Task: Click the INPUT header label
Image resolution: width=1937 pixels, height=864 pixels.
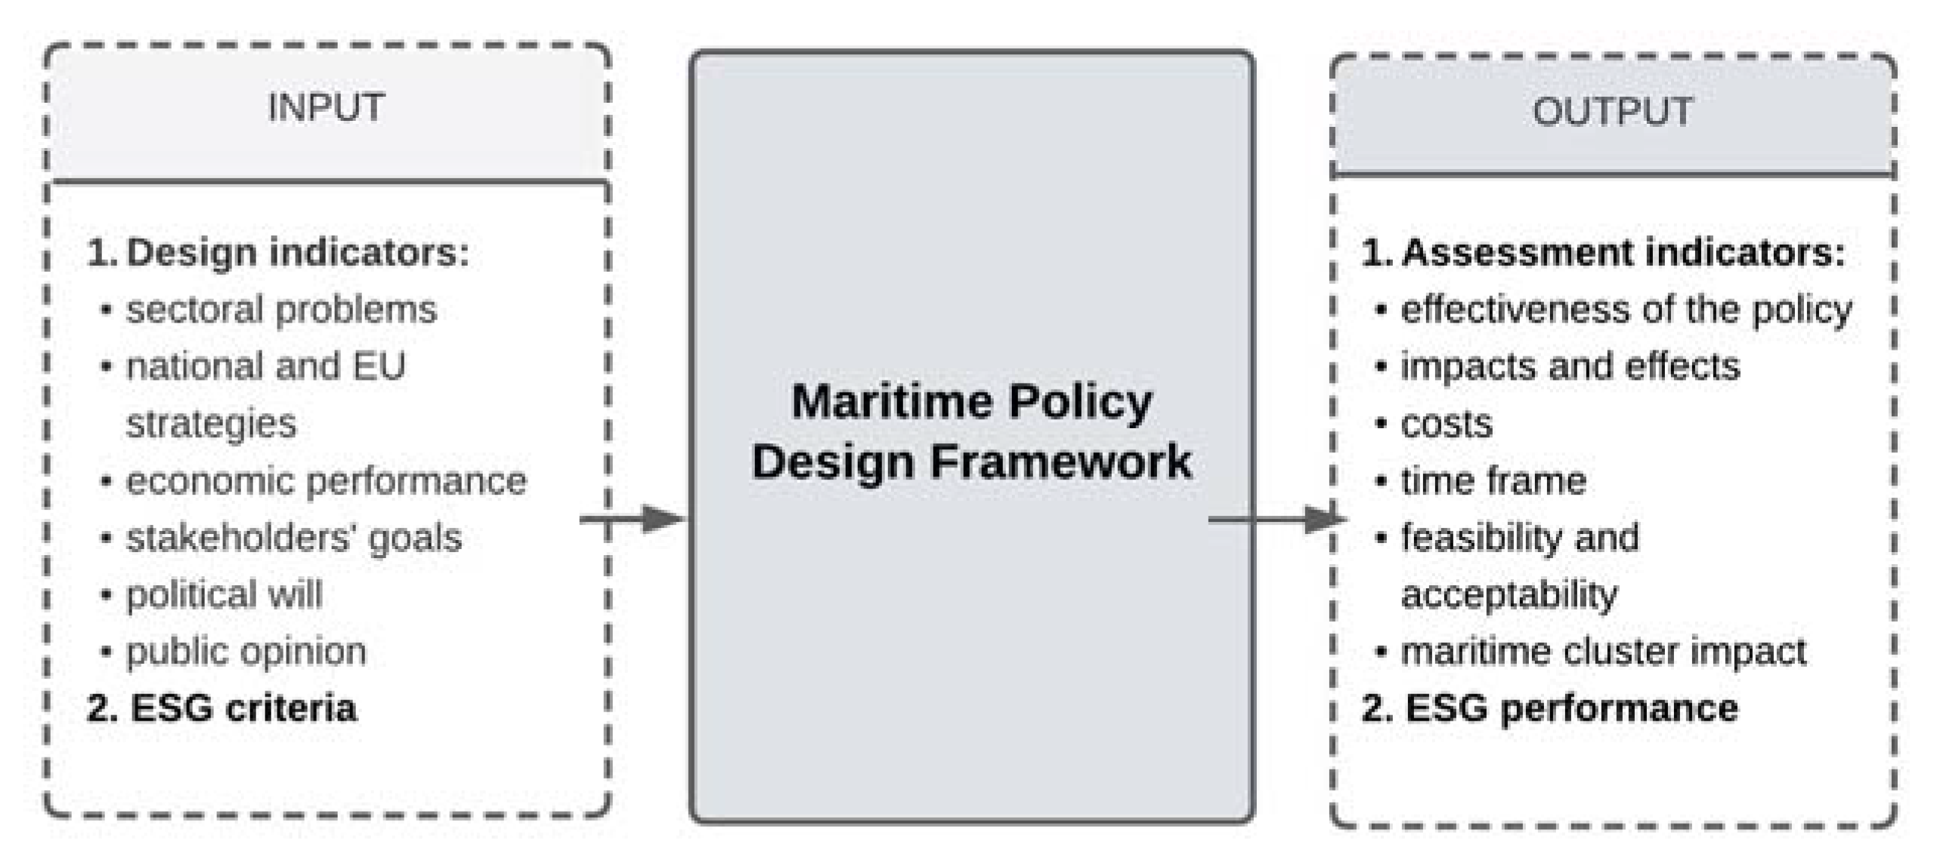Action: tap(326, 107)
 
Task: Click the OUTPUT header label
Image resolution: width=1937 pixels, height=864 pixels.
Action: tap(1612, 112)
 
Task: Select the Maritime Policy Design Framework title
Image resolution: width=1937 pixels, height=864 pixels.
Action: tap(971, 431)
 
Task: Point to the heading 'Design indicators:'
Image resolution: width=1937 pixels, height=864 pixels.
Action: tap(278, 252)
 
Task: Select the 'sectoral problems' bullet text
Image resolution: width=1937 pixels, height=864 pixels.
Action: tap(281, 310)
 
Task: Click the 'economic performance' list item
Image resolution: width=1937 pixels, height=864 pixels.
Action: tap(326, 481)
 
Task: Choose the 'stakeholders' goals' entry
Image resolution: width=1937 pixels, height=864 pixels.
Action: tap(293, 538)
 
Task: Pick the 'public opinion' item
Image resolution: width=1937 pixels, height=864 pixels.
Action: tap(246, 652)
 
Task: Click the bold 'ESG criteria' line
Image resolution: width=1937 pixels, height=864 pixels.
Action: tap(221, 708)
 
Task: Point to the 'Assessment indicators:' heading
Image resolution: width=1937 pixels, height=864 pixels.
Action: tap(1603, 252)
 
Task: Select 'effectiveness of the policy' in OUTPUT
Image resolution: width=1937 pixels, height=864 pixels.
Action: tap(1626, 310)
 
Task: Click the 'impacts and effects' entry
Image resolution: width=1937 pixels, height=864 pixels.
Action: tap(1570, 366)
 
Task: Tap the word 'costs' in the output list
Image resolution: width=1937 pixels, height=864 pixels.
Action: tap(1447, 424)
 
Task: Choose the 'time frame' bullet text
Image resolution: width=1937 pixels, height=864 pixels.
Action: tap(1493, 481)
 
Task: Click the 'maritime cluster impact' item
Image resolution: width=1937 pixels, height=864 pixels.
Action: tap(1603, 652)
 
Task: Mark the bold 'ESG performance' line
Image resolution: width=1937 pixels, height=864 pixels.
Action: tap(1549, 708)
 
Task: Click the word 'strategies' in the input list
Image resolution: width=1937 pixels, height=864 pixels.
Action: tap(211, 424)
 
